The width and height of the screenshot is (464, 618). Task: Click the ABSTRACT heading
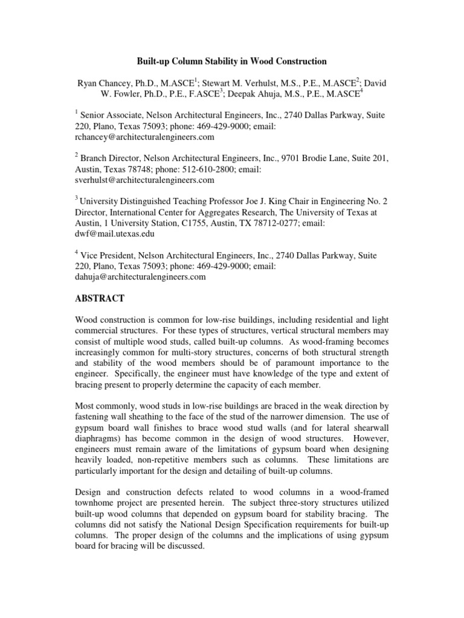click(x=100, y=298)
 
